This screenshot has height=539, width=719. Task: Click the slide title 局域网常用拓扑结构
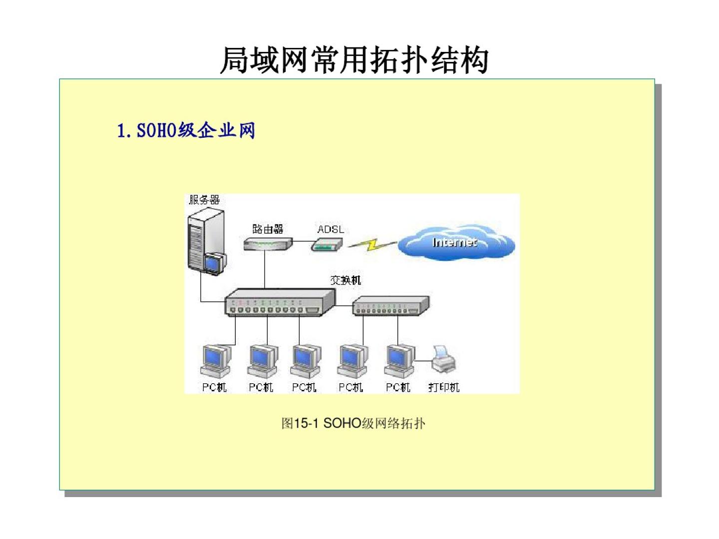[354, 60]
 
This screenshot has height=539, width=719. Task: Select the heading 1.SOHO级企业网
[186, 131]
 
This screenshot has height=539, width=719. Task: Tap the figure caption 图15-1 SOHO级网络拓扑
[354, 423]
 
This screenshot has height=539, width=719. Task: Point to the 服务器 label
[204, 200]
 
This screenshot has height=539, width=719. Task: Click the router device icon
[268, 244]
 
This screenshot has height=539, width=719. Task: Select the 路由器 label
[268, 229]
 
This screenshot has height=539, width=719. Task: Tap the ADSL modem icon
[327, 244]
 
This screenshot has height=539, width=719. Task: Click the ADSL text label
[331, 229]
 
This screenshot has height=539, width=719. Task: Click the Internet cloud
[456, 243]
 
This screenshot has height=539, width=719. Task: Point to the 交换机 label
[346, 280]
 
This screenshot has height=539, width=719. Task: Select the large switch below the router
[280, 302]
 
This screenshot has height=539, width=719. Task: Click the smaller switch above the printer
[390, 306]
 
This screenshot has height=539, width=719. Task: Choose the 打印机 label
[444, 387]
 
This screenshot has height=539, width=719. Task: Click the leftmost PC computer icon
[216, 361]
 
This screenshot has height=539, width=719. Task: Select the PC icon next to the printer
[399, 361]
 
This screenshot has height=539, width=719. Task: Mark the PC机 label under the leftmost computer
[214, 387]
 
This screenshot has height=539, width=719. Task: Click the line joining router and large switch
[265, 269]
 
